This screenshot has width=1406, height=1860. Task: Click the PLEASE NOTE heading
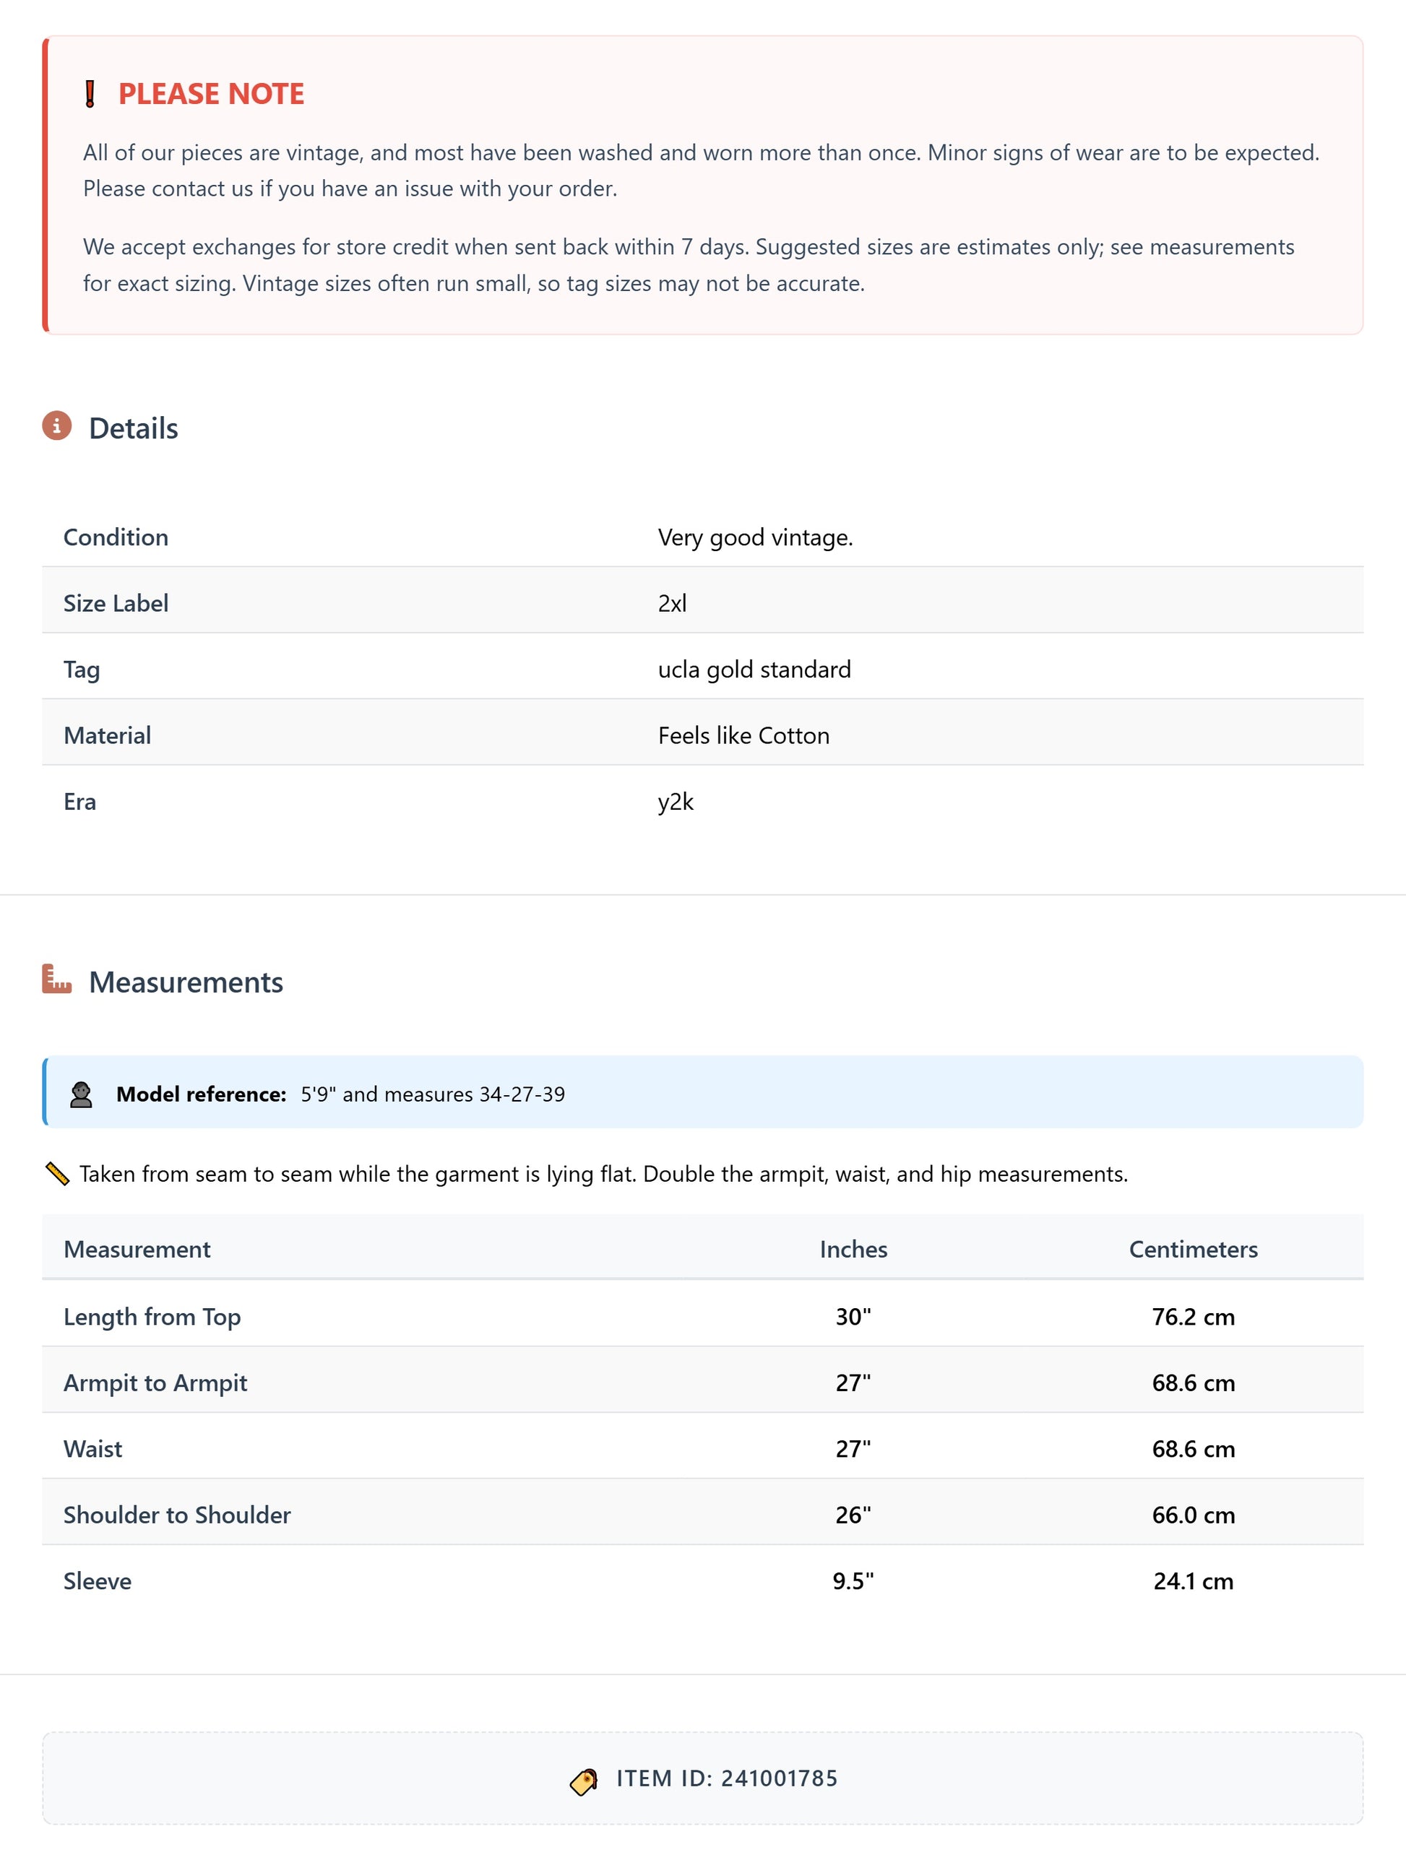click(x=211, y=93)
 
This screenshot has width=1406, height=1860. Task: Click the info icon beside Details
click(x=56, y=426)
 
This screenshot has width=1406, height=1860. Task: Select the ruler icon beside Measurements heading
click(x=56, y=979)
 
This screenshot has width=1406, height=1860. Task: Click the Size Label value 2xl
click(x=672, y=603)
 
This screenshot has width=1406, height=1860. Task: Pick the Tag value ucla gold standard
click(x=754, y=670)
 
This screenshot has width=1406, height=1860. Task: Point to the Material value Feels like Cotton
click(x=743, y=736)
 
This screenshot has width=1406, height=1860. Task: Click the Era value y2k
click(x=676, y=801)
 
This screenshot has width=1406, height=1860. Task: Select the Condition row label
click(x=116, y=537)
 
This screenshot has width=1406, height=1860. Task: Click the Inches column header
click(x=853, y=1250)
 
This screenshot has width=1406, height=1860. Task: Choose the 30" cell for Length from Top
click(x=853, y=1317)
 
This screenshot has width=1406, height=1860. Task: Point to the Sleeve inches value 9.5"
click(x=853, y=1582)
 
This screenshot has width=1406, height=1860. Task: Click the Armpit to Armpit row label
click(x=155, y=1383)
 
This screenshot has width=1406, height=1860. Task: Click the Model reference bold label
click(x=202, y=1094)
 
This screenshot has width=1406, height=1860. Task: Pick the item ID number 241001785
click(x=779, y=1778)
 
